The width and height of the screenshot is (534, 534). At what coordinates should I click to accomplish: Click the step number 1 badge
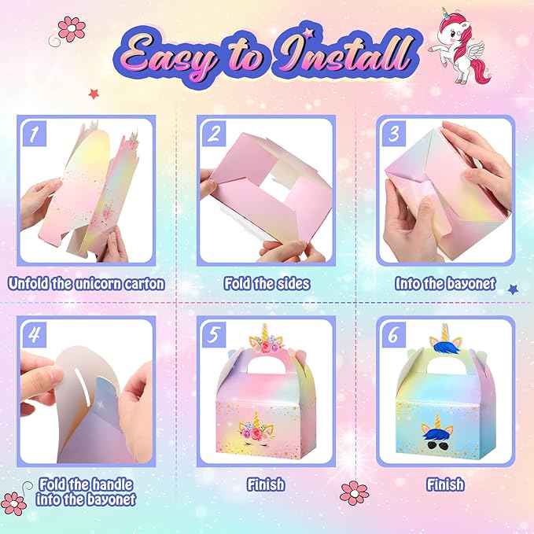[x=35, y=134]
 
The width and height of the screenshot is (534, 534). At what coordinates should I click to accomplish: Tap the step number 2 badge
[x=214, y=134]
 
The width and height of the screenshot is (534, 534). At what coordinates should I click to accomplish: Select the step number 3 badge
[x=394, y=134]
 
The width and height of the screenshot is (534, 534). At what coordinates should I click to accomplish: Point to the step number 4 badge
[x=35, y=335]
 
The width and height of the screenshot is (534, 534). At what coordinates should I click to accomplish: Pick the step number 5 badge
[x=214, y=335]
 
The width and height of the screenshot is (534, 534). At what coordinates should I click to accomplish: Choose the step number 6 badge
[x=394, y=335]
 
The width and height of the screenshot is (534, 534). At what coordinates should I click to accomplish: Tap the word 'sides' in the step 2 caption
[x=293, y=284]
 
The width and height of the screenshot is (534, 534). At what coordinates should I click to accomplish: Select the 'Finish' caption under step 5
[x=266, y=484]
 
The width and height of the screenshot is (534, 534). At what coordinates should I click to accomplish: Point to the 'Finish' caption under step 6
[x=445, y=484]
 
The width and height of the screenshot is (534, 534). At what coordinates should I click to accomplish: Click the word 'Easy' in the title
[x=166, y=56]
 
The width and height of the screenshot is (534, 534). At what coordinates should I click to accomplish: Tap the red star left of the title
[x=94, y=94]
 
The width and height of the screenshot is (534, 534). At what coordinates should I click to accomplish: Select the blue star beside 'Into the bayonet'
[x=513, y=289]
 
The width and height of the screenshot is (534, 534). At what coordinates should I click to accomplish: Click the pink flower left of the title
[x=72, y=29]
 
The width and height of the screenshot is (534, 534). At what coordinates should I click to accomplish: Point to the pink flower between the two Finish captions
[x=354, y=493]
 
